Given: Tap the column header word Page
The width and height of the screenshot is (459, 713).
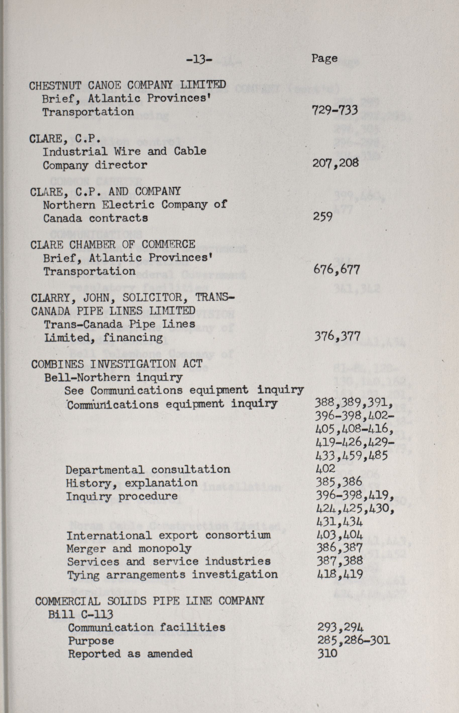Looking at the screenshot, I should point(325,58).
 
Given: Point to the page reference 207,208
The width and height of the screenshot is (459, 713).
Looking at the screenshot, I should point(335,163).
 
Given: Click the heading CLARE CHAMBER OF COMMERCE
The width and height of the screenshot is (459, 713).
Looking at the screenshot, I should point(113,245).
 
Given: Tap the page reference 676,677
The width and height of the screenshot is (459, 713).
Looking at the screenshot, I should point(336,270).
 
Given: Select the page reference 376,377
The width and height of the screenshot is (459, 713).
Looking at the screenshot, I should point(337,336).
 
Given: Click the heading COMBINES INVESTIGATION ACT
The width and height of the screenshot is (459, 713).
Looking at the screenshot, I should point(117,364).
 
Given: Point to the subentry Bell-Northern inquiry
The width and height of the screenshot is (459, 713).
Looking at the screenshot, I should point(113,378).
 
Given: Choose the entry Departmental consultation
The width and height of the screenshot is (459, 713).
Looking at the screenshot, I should point(148,470).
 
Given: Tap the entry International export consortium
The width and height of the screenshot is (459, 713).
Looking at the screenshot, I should point(168,536).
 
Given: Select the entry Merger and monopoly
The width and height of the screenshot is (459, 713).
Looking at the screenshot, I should point(129,549).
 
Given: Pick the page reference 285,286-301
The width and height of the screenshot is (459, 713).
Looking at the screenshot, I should point(354,641).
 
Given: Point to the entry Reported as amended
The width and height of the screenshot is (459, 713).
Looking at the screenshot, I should point(130,654).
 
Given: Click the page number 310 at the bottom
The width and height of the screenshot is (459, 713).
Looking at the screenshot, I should point(327,654).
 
